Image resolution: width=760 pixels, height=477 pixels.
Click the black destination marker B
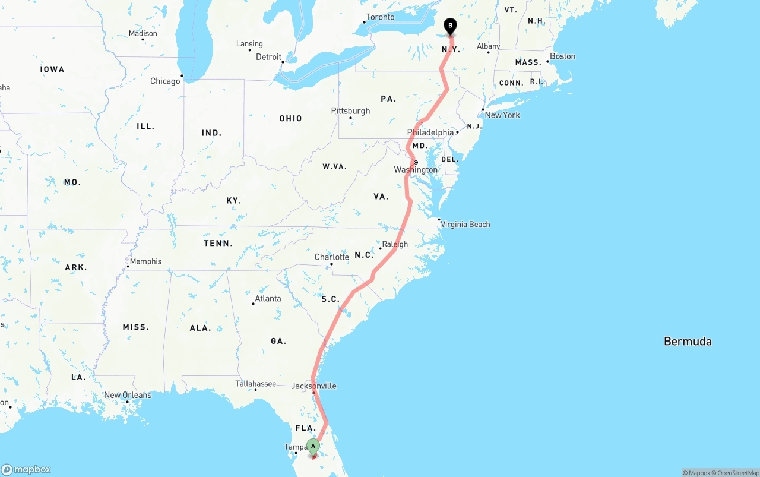point(450,26)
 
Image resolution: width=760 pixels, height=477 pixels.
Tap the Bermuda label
point(688,342)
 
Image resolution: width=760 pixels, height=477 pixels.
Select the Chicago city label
point(165,81)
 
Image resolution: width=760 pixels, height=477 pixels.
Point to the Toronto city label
point(380,17)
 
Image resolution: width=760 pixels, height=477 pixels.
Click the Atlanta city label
point(268,298)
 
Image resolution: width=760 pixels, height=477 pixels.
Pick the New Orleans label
point(128,395)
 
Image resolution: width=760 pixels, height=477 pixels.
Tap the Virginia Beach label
point(465,225)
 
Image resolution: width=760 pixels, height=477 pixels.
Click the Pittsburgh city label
point(350,111)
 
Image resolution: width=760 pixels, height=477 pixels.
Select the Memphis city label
point(145,261)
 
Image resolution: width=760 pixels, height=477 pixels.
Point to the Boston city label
point(562,56)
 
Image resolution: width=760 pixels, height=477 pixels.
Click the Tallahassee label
point(255,384)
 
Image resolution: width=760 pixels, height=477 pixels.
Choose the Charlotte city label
point(331,257)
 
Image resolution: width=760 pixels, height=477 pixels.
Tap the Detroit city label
point(268,57)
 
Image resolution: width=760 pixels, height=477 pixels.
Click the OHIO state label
point(290,118)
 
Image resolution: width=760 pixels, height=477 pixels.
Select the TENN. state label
point(218,243)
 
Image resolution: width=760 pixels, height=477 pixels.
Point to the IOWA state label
point(52,70)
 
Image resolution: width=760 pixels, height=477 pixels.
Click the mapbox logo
point(26,470)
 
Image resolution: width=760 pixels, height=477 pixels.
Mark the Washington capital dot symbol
point(416,162)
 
